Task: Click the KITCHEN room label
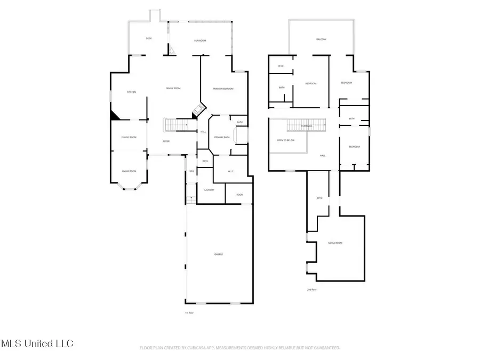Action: pos(131,92)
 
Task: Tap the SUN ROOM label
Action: pos(199,41)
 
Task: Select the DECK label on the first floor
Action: pos(149,38)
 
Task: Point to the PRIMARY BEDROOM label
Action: pos(223,89)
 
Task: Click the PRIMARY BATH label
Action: pos(221,138)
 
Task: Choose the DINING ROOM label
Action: pos(129,137)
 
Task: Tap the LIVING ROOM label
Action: pos(129,171)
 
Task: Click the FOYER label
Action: pos(166,141)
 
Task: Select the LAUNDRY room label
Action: pos(209,189)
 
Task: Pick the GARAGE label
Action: pos(219,254)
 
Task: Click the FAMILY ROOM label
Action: pos(173,88)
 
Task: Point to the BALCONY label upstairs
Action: pos(321,39)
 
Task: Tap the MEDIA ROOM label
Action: pos(335,243)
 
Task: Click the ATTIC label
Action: pos(320,198)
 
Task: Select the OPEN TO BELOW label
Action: pos(286,140)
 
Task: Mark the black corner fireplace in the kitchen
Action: pos(114,115)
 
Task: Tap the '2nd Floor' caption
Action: pos(312,289)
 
